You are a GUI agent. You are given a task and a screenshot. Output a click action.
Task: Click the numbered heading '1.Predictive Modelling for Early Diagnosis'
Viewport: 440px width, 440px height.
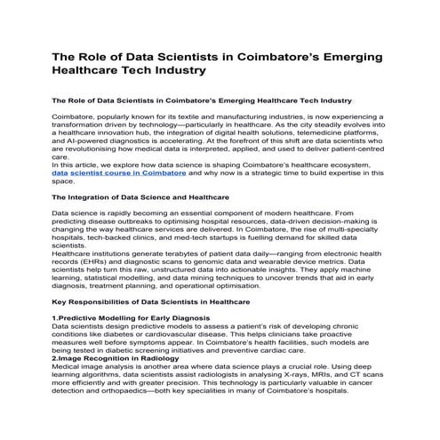[x=124, y=317]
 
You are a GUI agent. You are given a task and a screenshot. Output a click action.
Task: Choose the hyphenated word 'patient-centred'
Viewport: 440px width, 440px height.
[x=360, y=148]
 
